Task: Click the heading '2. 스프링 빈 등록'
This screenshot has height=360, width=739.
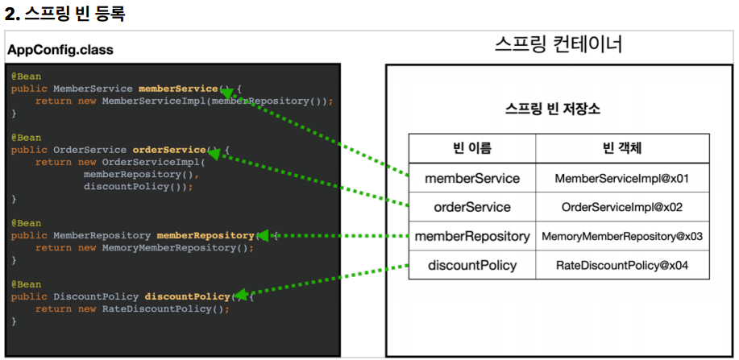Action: [x=64, y=14]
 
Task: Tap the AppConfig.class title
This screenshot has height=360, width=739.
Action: [x=60, y=50]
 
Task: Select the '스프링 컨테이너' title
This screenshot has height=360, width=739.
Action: [x=558, y=45]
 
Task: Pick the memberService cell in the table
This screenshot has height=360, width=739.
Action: [x=472, y=178]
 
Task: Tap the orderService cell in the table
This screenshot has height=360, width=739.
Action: [x=472, y=207]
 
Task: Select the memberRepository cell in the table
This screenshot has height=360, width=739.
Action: [x=472, y=236]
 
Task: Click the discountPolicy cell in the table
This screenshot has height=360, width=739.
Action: [x=472, y=265]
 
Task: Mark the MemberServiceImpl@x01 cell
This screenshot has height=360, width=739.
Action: [x=622, y=178]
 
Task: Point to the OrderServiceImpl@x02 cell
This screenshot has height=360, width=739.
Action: [x=622, y=207]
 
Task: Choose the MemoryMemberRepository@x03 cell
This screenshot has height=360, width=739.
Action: [x=622, y=236]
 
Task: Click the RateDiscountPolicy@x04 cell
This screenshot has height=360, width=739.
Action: [x=622, y=265]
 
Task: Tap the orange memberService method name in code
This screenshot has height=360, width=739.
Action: [x=178, y=89]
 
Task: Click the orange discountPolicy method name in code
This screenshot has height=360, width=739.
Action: [x=187, y=297]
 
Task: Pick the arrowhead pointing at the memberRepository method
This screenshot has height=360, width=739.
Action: [x=264, y=236]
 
